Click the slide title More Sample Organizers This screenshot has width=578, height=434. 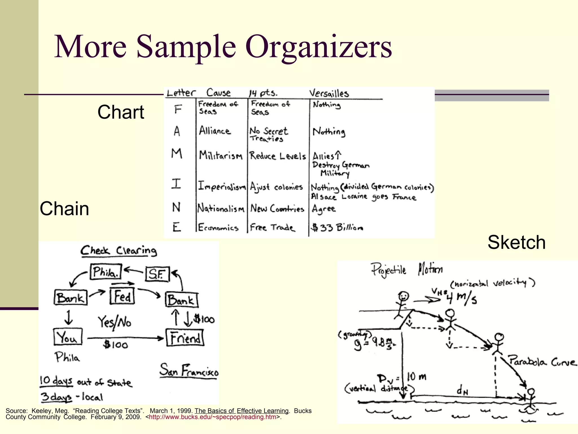[x=223, y=47]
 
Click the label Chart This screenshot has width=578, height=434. [x=121, y=112]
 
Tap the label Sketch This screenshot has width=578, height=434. [x=516, y=242]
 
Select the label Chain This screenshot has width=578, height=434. [x=64, y=209]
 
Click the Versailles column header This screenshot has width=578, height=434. [x=329, y=93]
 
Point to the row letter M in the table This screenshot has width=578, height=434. [x=177, y=154]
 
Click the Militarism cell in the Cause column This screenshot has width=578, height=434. [x=220, y=155]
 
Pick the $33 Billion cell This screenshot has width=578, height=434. [x=337, y=227]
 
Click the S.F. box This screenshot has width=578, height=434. [x=157, y=274]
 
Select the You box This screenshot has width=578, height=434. [x=68, y=337]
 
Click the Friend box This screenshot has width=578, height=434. [x=185, y=338]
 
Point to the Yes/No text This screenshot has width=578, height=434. [x=115, y=322]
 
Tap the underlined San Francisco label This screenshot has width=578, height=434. [x=189, y=371]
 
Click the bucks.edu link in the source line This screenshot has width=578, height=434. [x=213, y=417]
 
